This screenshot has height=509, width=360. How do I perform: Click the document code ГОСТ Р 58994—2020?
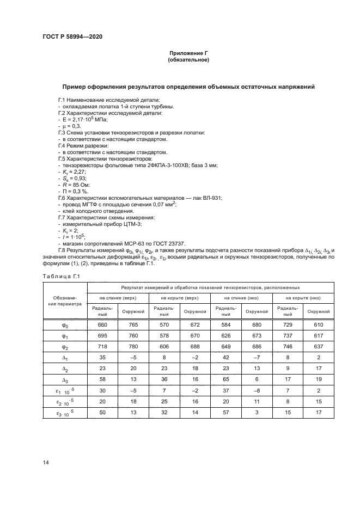click(72, 36)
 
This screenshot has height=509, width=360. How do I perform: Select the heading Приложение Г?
click(189, 53)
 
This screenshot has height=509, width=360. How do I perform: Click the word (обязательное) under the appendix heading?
click(189, 60)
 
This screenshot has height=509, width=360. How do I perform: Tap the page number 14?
click(45, 462)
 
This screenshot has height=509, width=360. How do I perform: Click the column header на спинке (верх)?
click(117, 298)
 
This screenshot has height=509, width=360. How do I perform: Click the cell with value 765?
click(133, 325)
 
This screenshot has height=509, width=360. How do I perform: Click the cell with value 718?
click(102, 347)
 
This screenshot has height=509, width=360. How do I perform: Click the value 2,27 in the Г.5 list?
click(80, 172)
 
